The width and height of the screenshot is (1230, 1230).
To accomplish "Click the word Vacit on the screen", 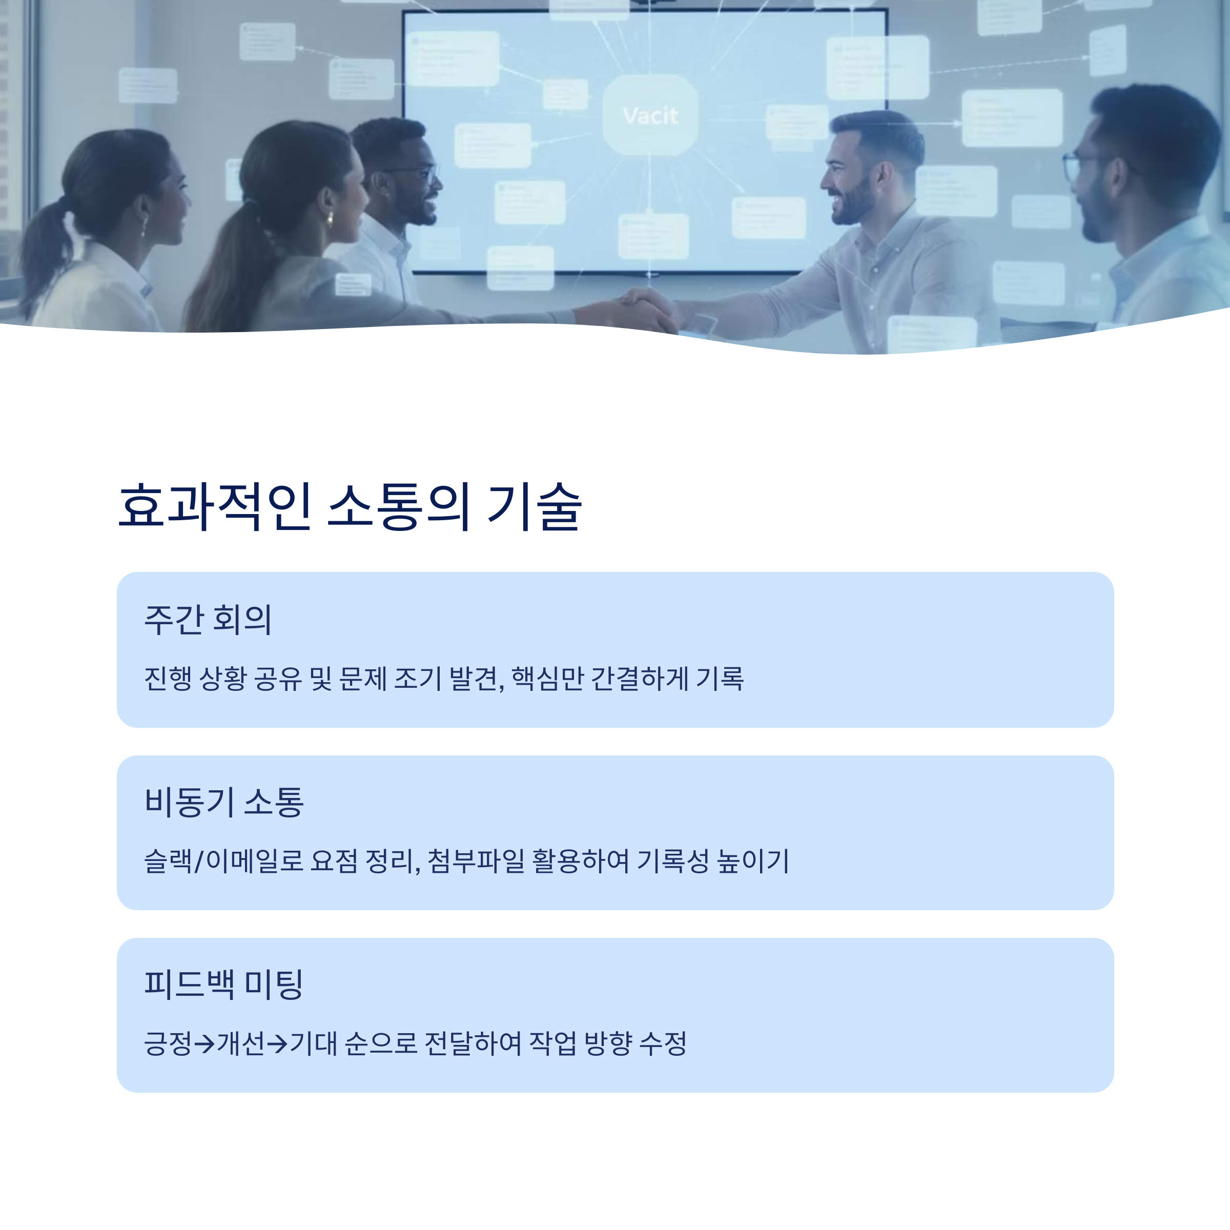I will (650, 116).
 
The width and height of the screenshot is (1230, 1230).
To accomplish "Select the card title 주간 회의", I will (208, 620).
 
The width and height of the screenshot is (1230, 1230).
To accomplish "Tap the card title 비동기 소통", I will (224, 802).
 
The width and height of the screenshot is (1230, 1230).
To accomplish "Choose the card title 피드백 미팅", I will (223, 984).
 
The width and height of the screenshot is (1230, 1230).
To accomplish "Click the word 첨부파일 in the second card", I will (476, 862).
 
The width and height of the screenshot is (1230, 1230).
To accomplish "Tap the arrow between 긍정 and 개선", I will (204, 1043).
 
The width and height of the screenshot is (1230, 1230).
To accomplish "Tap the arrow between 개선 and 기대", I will (277, 1043).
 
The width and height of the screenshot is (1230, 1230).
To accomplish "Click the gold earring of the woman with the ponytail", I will (330, 220).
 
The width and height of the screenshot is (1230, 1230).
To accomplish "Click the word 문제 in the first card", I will (363, 679).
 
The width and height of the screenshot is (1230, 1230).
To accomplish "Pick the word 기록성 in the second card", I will (673, 862).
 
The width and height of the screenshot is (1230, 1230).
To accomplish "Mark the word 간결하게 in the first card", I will (640, 679).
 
